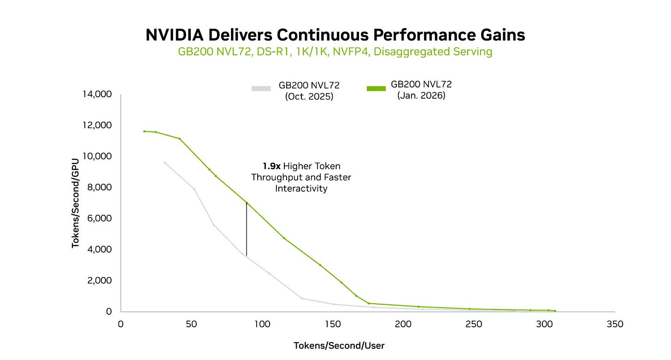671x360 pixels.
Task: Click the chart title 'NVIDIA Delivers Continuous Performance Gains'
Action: (335, 35)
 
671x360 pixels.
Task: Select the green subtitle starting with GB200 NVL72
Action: (335, 52)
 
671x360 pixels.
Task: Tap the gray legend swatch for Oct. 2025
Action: (261, 89)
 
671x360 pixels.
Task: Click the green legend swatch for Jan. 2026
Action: (376, 88)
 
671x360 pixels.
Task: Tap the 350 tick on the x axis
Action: (615, 324)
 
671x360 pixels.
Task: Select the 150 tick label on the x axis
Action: (332, 324)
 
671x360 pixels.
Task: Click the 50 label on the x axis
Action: (191, 324)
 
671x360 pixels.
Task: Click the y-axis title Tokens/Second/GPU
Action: (75, 203)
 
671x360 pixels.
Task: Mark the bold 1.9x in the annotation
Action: (271, 166)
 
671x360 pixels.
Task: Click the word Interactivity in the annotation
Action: (301, 189)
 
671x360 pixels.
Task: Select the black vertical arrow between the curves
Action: (247, 229)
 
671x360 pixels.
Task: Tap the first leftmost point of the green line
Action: (144, 131)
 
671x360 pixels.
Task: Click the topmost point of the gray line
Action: (165, 163)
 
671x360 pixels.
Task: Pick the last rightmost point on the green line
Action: (555, 311)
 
